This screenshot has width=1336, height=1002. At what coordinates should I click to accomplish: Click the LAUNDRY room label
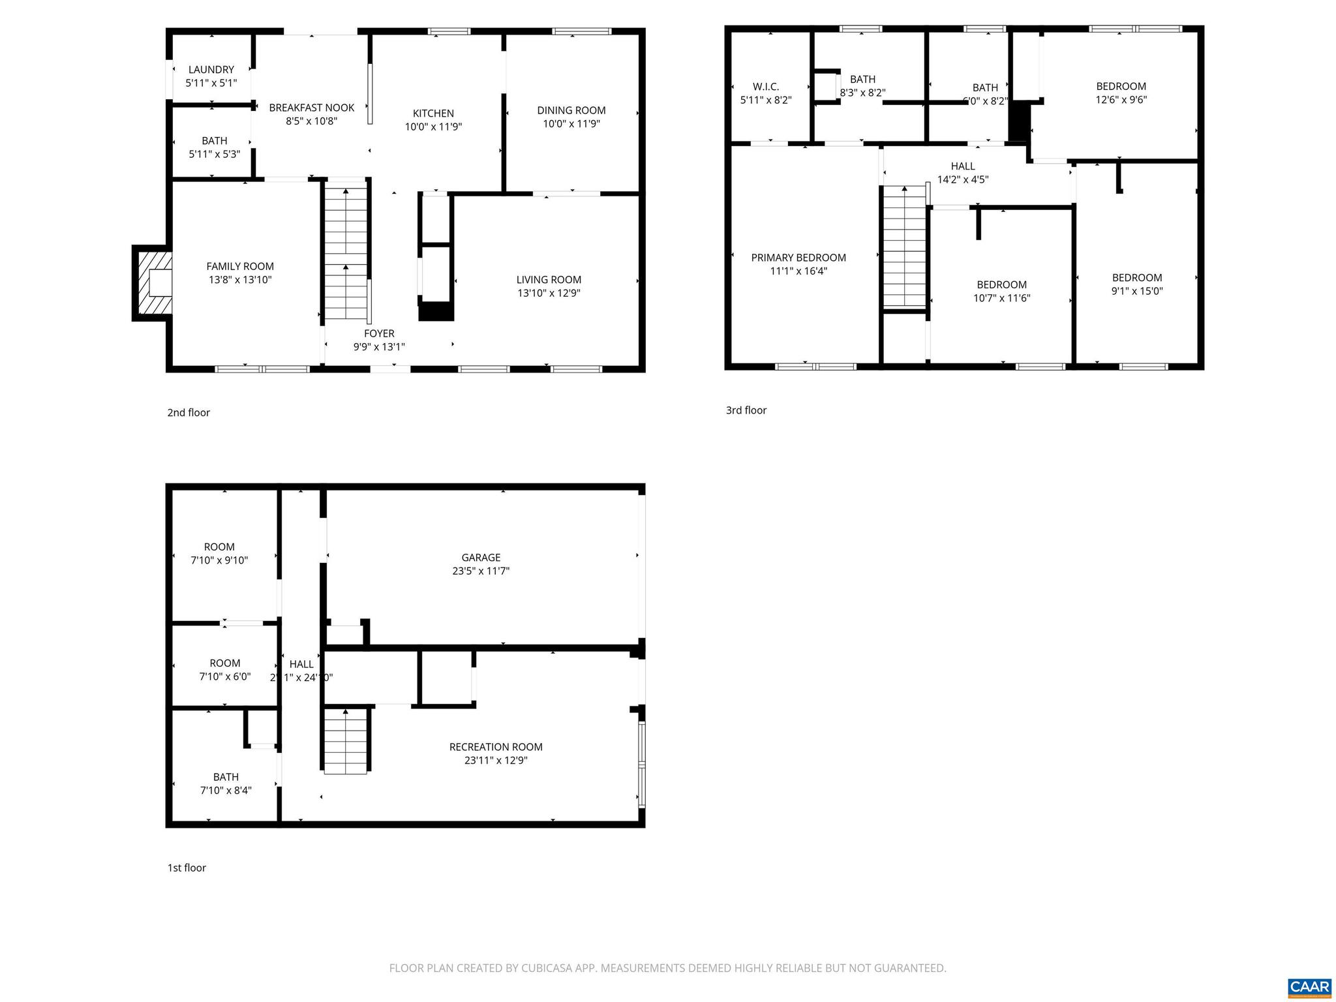211,70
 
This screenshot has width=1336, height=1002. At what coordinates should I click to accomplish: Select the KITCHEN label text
433,114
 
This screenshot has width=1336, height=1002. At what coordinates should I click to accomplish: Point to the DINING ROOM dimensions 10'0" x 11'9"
571,124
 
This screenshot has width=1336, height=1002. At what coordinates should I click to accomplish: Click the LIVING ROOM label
549,280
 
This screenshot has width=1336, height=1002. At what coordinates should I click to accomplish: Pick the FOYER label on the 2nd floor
379,333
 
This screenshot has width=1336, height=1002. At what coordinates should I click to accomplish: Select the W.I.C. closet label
766,87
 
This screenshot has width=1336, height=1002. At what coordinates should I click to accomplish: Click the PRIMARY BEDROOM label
798,258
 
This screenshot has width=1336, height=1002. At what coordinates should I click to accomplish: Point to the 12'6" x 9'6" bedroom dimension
1121,100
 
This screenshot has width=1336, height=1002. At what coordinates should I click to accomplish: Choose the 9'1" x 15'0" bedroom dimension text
1137,291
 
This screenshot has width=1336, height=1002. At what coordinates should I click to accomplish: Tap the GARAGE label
481,558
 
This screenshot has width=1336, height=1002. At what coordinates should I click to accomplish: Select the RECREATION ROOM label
496,747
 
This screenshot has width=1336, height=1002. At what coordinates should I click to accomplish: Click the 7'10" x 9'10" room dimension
219,560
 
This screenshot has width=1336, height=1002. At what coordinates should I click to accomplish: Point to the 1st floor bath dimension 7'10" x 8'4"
226,790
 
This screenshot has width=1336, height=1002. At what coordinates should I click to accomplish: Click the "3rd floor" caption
746,410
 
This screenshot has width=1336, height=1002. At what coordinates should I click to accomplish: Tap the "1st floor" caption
187,868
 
